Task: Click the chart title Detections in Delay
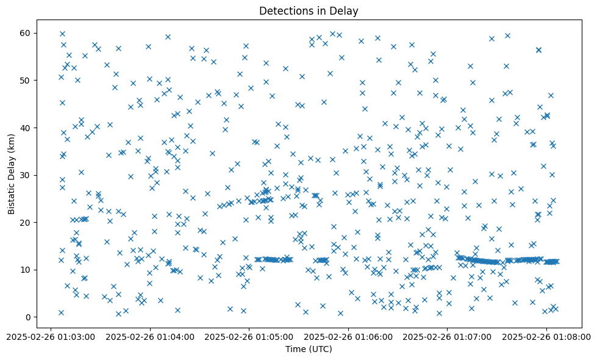(x=310, y=10)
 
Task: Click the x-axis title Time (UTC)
(x=310, y=349)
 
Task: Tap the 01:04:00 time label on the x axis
(x=150, y=336)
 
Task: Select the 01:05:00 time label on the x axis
(x=249, y=336)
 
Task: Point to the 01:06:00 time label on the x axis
(x=348, y=336)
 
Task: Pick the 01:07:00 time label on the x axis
(x=448, y=336)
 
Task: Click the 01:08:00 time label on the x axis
(x=546, y=336)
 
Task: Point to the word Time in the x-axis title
(x=296, y=349)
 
